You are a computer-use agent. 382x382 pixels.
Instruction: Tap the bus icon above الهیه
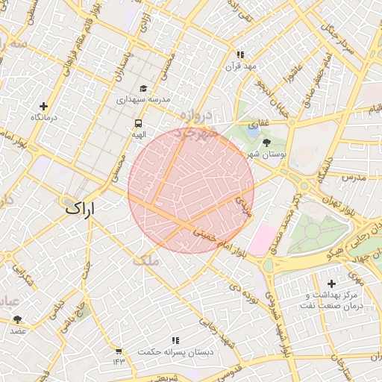(x=138, y=123)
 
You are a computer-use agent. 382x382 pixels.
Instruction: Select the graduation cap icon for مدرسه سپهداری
(x=143, y=88)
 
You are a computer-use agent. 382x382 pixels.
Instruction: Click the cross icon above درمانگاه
(x=43, y=107)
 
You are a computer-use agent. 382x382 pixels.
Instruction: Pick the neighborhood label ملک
(x=145, y=260)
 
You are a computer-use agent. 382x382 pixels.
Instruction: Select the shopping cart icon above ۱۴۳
(x=119, y=351)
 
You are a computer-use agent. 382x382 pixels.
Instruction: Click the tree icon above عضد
(x=17, y=319)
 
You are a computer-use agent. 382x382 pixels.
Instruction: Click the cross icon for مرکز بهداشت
(x=331, y=283)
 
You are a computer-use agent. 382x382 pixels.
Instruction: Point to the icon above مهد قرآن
(x=240, y=54)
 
